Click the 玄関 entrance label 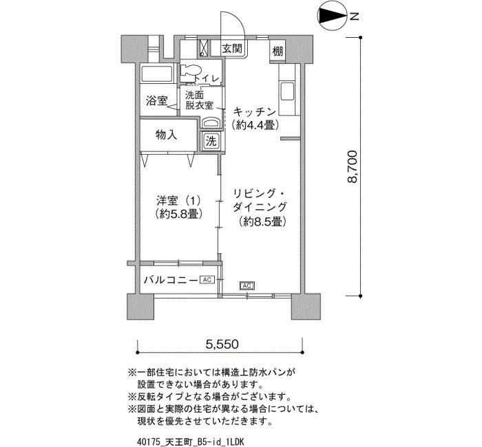(233, 48)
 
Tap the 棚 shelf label (277, 52)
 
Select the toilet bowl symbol (189, 70)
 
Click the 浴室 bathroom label (156, 100)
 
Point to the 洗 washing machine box (211, 141)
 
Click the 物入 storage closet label (167, 135)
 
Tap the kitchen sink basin (287, 91)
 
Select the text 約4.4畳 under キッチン (255, 124)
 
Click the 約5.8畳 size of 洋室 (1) (179, 214)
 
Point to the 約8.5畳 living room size (263, 221)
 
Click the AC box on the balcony (207, 280)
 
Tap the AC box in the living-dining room (247, 286)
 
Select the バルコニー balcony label (171, 280)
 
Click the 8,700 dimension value (353, 166)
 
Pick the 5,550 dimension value (222, 345)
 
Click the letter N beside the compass (355, 17)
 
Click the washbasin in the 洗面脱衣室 (211, 123)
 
